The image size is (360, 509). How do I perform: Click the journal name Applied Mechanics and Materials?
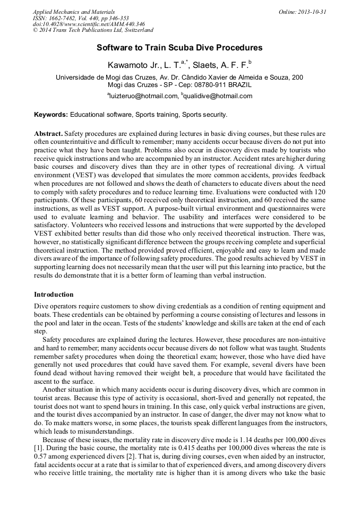[x=73, y=12]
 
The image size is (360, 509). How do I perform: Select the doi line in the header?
[x=89, y=24]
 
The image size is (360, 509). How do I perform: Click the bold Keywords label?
[x=51, y=115]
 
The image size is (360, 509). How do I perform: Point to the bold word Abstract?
[x=48, y=134]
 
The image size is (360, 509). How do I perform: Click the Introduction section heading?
[x=54, y=295]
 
